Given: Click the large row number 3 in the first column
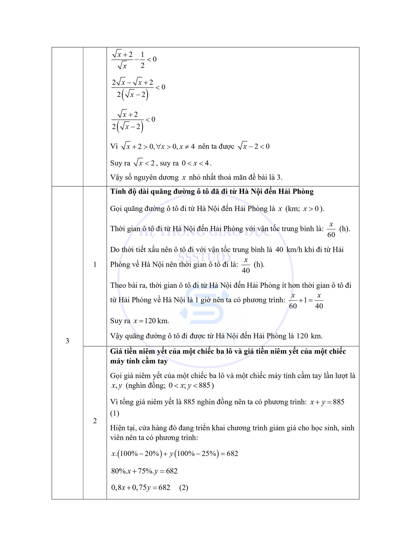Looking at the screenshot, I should coord(67,341).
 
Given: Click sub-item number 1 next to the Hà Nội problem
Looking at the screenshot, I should coord(95,264).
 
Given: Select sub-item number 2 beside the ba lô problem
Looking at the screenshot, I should coord(95,421).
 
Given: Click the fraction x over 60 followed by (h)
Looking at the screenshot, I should coord(331,230).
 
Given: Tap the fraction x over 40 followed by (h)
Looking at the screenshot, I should coord(246,265).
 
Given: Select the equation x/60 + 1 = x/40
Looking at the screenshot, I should coord(306,301).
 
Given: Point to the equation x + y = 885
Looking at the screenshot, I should coord(327,402).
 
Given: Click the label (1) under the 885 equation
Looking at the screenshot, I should coord(115,413).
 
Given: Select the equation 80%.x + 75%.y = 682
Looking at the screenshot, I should coord(144,471).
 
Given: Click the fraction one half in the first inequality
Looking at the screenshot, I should coord(142,60).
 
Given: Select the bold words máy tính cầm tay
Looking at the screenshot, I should coord(139,361).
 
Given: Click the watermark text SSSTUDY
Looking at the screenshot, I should coord(205,257).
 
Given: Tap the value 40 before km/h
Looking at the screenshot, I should coord(279,250).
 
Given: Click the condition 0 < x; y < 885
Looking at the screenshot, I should coord(189,385).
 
